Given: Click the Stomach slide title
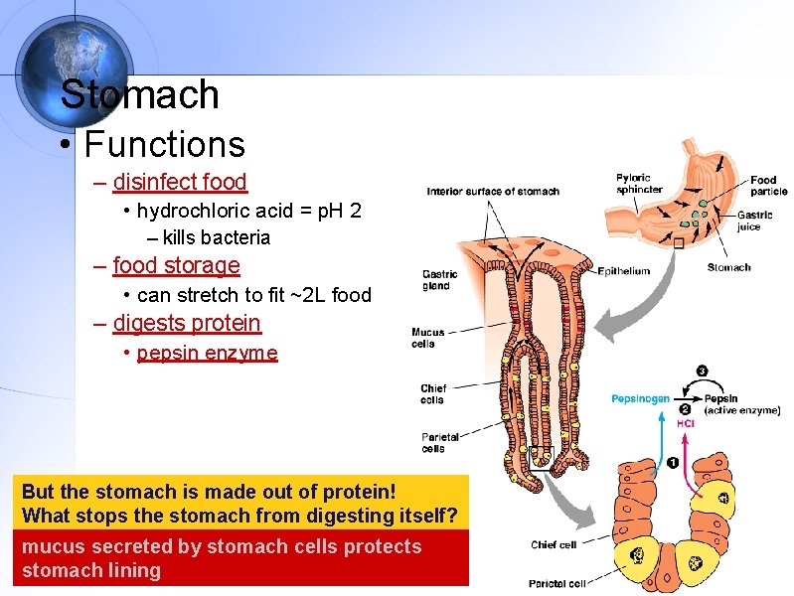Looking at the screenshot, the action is [139, 94].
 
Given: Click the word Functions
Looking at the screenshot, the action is [164, 144].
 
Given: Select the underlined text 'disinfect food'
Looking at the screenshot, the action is [180, 182].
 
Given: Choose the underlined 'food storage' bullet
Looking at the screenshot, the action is [176, 265].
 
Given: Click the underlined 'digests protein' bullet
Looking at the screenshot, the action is [187, 323].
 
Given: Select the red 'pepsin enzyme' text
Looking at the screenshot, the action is [207, 353].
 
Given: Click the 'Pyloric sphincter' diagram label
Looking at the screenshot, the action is [639, 184].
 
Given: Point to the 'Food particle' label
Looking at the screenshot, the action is [768, 186].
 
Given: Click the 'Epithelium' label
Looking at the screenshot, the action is [623, 271].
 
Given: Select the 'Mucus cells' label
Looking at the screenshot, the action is [428, 338].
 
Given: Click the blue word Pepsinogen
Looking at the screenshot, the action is [640, 398].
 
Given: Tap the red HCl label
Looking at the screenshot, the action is [686, 423].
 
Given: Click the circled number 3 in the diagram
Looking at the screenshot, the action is [702, 372].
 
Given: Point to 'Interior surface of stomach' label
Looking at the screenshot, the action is [493, 192].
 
